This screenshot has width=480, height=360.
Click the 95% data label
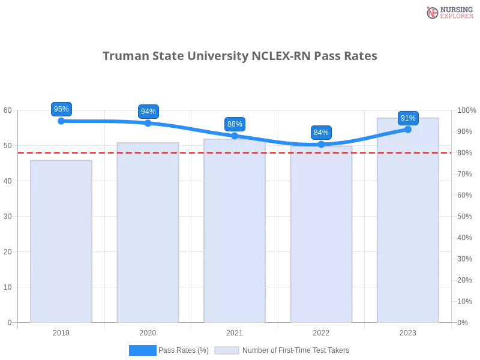coord(61,109)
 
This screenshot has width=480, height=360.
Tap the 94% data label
coord(148,112)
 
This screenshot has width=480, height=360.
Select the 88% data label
coord(235,124)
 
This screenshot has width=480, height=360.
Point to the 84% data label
coord(321,133)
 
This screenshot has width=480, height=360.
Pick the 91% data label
coord(408,118)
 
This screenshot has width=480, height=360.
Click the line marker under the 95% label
coord(61,121)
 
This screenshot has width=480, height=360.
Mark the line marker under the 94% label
coord(148,123)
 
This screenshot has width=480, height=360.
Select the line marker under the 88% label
coord(235,136)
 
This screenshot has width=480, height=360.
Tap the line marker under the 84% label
coord(321,144)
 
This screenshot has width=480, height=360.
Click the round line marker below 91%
coord(408,129)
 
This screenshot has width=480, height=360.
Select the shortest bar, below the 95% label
coord(62,240)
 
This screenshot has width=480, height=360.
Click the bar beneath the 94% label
coord(149,234)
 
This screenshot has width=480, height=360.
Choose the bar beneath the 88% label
coord(235,234)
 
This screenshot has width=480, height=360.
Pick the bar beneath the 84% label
coord(322,237)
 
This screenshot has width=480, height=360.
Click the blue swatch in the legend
coord(143,350)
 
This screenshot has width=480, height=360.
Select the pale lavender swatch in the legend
coord(227,350)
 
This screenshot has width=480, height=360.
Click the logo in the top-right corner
coord(448,12)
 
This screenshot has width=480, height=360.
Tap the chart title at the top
coord(240,56)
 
